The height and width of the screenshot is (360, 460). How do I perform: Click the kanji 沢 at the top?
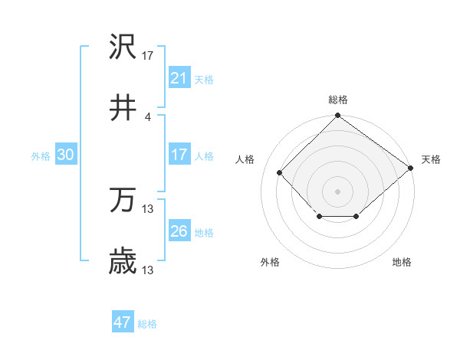click(123, 49)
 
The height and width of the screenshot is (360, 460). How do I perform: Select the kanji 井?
click(123, 109)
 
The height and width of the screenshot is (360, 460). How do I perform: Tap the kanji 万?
click(123, 202)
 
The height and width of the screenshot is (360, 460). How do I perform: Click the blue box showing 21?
click(179, 78)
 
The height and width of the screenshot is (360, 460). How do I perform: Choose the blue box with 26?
click(179, 231)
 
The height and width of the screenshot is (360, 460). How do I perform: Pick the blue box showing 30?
click(66, 155)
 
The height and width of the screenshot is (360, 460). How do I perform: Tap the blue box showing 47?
click(123, 322)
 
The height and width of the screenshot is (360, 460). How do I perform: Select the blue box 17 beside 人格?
click(179, 155)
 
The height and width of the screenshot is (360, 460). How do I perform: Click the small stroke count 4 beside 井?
click(148, 116)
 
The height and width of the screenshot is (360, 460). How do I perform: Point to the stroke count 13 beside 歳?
click(148, 270)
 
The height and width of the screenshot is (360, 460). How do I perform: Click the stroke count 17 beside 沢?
click(148, 56)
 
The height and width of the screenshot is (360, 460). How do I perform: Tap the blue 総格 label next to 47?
click(147, 324)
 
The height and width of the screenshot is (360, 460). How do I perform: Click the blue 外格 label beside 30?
click(41, 155)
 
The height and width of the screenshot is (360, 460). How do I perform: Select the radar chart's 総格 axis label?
click(338, 100)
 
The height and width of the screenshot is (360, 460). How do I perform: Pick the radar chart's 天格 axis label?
click(431, 159)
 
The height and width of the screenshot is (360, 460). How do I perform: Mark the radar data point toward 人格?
click(280, 172)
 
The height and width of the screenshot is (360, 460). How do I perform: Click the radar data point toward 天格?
click(411, 168)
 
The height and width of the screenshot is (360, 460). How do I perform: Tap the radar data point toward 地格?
click(356, 218)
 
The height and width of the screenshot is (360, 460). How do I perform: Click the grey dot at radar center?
click(338, 191)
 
